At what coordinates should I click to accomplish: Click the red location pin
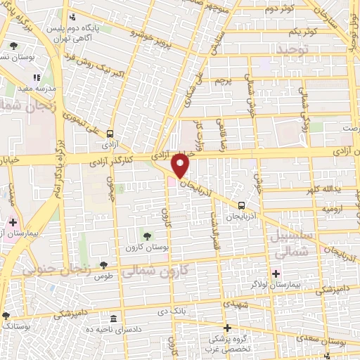click(181, 165)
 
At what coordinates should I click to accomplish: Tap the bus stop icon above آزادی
click(110, 134)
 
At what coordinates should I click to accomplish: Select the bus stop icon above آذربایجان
click(242, 205)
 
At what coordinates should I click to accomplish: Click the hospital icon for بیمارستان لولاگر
click(276, 273)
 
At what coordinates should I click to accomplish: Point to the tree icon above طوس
click(104, 265)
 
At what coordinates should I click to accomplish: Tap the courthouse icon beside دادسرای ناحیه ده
click(113, 319)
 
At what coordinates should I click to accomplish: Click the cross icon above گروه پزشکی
click(227, 328)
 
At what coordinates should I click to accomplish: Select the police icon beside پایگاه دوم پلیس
click(73, 17)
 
